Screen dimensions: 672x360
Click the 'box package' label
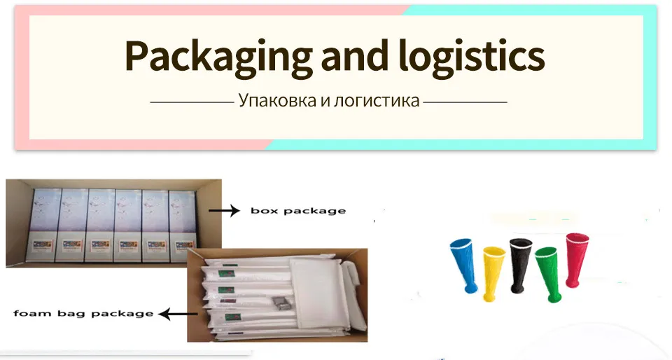(x=297, y=211)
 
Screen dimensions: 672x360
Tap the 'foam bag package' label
(x=83, y=314)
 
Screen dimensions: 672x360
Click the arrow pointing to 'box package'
(x=223, y=210)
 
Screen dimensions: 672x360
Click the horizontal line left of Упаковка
(x=191, y=102)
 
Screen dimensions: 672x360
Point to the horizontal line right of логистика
(x=465, y=102)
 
